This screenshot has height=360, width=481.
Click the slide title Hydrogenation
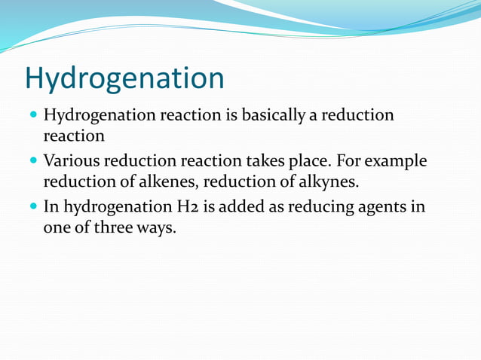pos(124,78)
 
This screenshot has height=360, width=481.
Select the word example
pos(397,162)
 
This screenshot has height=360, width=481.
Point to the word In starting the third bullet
pos(51,206)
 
